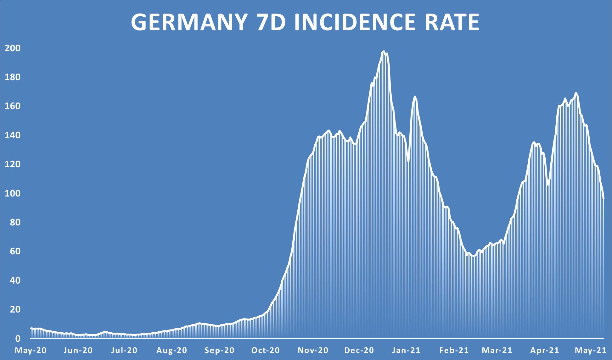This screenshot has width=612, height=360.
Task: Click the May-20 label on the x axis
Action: click(x=31, y=350)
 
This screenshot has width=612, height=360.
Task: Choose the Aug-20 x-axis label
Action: click(x=172, y=350)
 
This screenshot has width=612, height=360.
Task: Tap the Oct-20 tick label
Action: click(x=266, y=350)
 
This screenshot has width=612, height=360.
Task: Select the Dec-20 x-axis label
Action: click(x=359, y=350)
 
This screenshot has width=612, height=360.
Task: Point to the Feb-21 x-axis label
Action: click(x=454, y=350)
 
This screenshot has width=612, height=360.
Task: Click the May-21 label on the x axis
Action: click(x=591, y=350)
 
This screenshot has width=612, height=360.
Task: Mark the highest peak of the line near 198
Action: click(x=383, y=51)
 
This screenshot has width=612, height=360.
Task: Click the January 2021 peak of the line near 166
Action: click(x=415, y=97)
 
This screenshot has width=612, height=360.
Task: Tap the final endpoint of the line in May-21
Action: click(x=604, y=198)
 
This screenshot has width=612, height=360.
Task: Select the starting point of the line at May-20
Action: click(x=31, y=328)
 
